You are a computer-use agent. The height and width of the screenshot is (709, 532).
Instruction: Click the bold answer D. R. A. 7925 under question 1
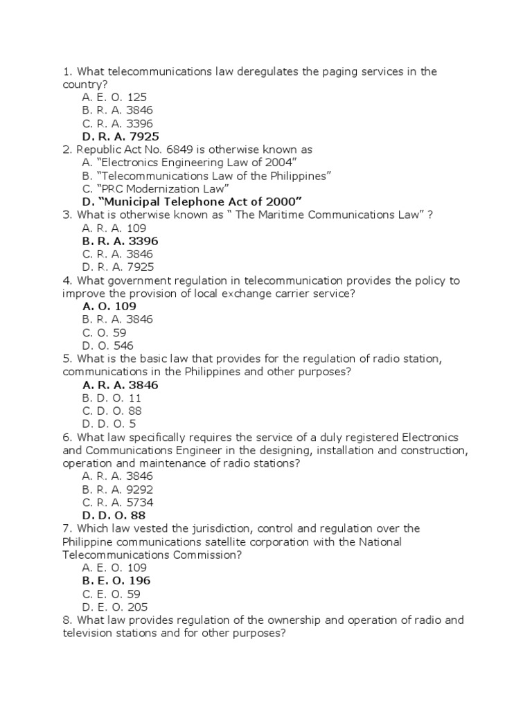click(x=125, y=136)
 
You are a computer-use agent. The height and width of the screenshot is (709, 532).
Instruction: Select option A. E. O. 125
click(x=114, y=98)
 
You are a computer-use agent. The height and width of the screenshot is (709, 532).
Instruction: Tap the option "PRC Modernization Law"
click(x=155, y=188)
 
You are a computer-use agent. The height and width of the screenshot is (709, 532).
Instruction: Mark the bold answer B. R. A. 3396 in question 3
click(x=120, y=241)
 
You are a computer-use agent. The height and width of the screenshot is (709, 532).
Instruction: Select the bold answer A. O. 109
click(x=109, y=306)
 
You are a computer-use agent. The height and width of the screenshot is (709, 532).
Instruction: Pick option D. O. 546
click(x=107, y=345)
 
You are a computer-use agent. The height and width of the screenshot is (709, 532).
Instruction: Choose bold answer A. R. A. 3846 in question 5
click(x=120, y=385)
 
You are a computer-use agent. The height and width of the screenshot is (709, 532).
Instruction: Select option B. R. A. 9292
click(x=118, y=490)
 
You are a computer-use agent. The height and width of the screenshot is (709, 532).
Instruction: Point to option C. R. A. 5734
click(x=118, y=502)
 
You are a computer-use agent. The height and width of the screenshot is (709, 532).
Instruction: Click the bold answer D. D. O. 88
click(x=114, y=515)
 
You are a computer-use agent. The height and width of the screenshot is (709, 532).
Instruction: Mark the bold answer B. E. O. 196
click(x=116, y=580)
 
